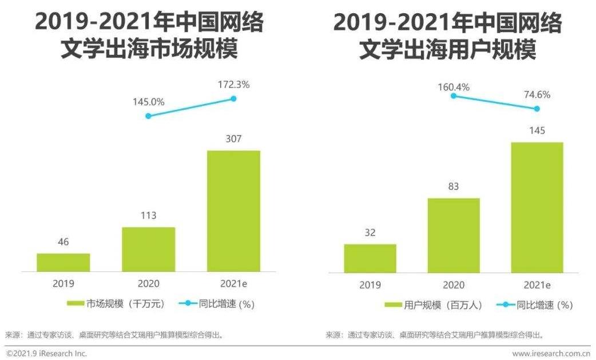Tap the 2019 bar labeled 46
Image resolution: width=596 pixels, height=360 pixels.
pos(63,262)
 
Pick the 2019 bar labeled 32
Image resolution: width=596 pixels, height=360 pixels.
pos(370,258)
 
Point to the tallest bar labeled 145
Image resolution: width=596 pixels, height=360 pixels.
pos(537,207)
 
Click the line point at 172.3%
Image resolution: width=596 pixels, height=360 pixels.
pos(233,98)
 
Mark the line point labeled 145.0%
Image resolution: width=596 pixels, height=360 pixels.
pos(149,116)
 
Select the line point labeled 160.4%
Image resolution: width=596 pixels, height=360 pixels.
pos(454,96)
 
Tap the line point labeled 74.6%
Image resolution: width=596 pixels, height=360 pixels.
pos(537,109)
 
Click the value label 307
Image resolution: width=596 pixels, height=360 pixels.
pos(233,139)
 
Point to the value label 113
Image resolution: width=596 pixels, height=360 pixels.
pos(149,216)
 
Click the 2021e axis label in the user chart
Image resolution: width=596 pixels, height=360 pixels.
pos(537,284)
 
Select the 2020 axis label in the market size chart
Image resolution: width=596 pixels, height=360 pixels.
pos(149,283)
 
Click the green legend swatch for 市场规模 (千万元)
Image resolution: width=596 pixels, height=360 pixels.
pos(75,304)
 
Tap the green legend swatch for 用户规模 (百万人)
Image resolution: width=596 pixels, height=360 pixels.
pos(393,305)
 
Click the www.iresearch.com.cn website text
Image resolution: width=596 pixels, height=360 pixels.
pos(551,353)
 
